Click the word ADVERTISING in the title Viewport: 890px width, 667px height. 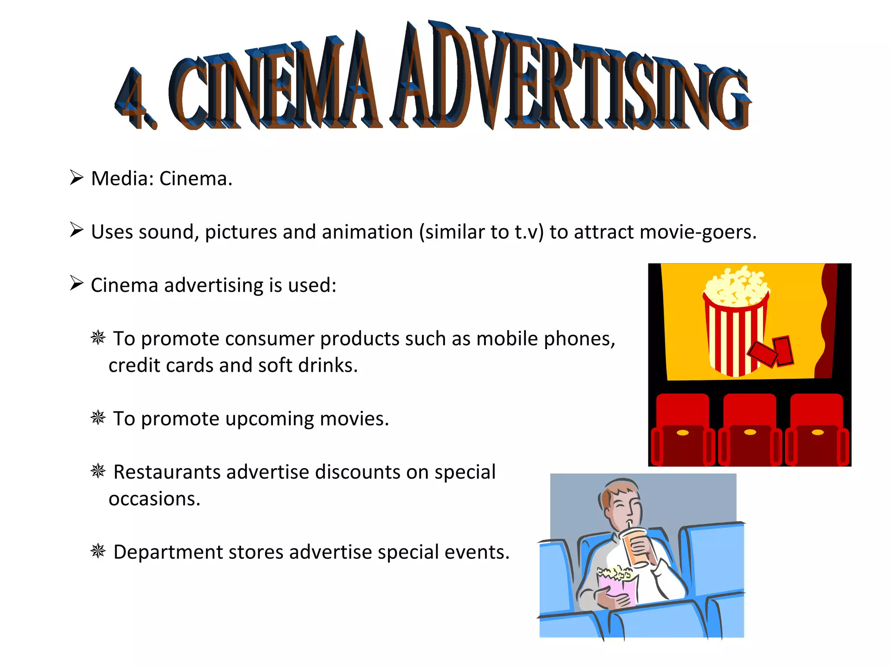point(569,78)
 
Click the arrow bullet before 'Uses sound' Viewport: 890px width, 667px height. point(76,230)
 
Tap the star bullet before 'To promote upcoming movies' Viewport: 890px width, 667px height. point(98,418)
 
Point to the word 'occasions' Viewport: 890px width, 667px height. point(154,499)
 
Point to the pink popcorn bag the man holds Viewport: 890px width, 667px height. point(617,586)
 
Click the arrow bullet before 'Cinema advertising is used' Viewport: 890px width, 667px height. point(76,283)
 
